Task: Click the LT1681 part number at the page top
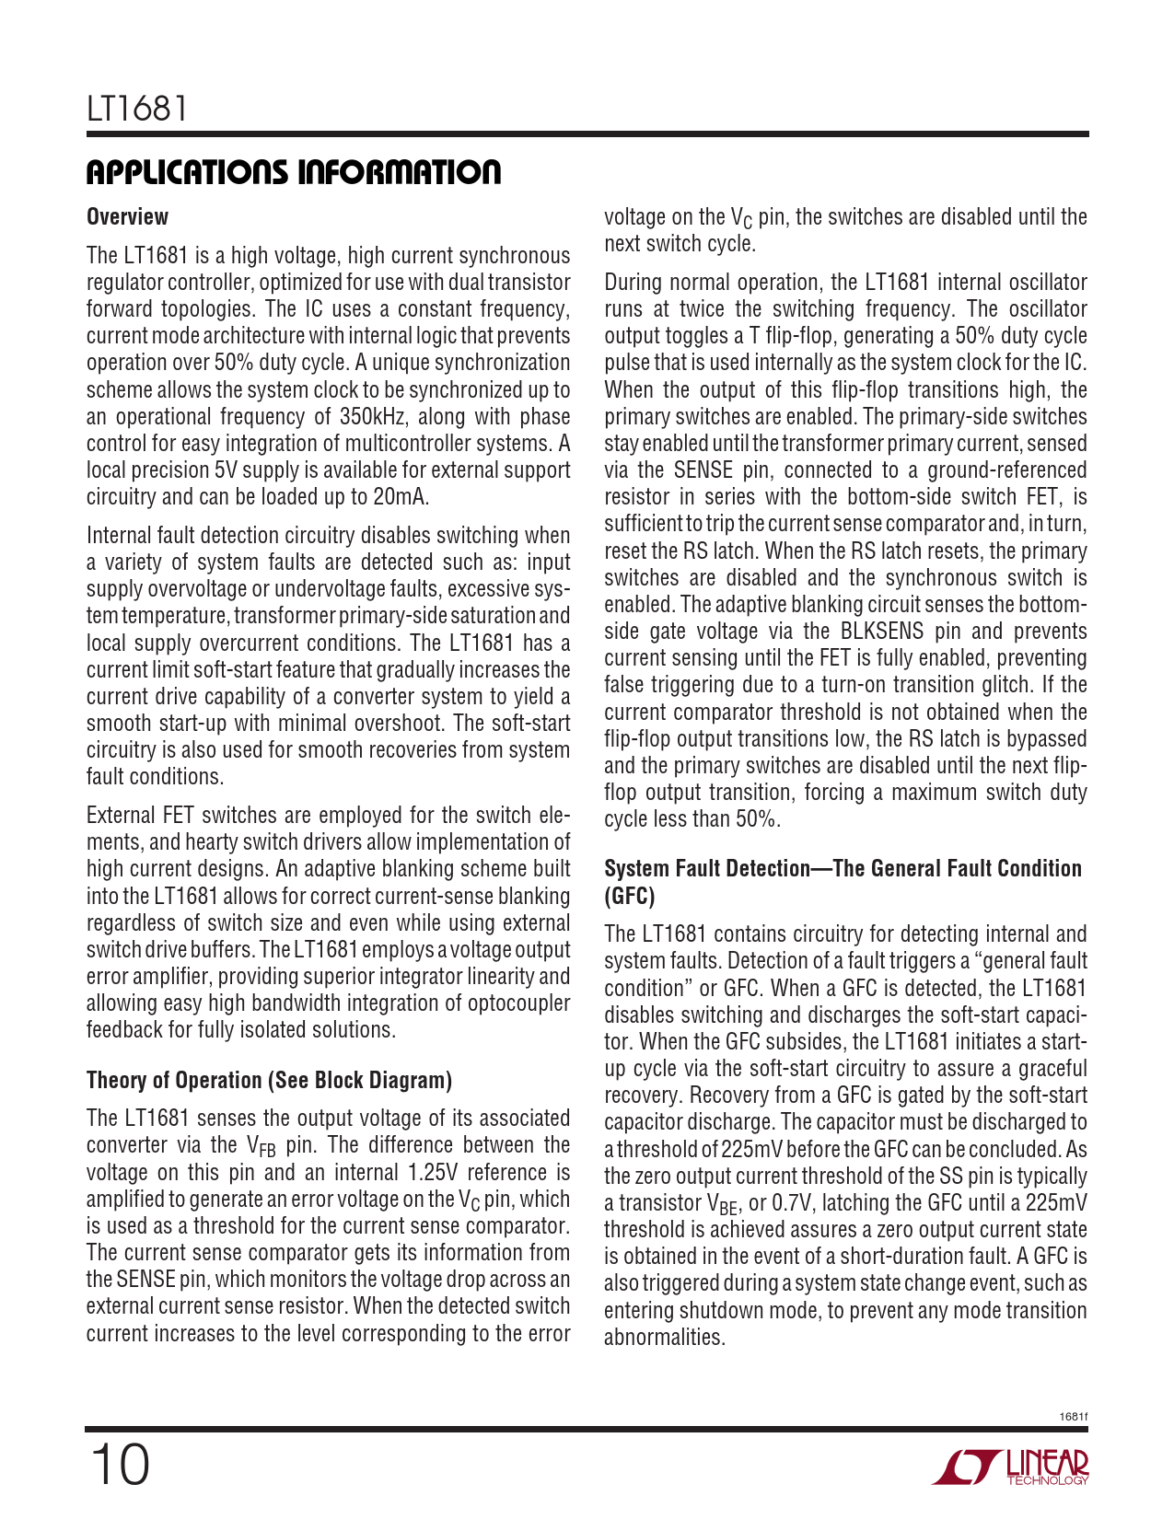click(138, 110)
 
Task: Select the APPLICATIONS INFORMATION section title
click(294, 172)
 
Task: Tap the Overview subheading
click(127, 217)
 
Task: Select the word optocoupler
click(518, 1003)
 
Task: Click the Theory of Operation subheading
click(269, 1080)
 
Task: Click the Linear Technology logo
click(1010, 1467)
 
